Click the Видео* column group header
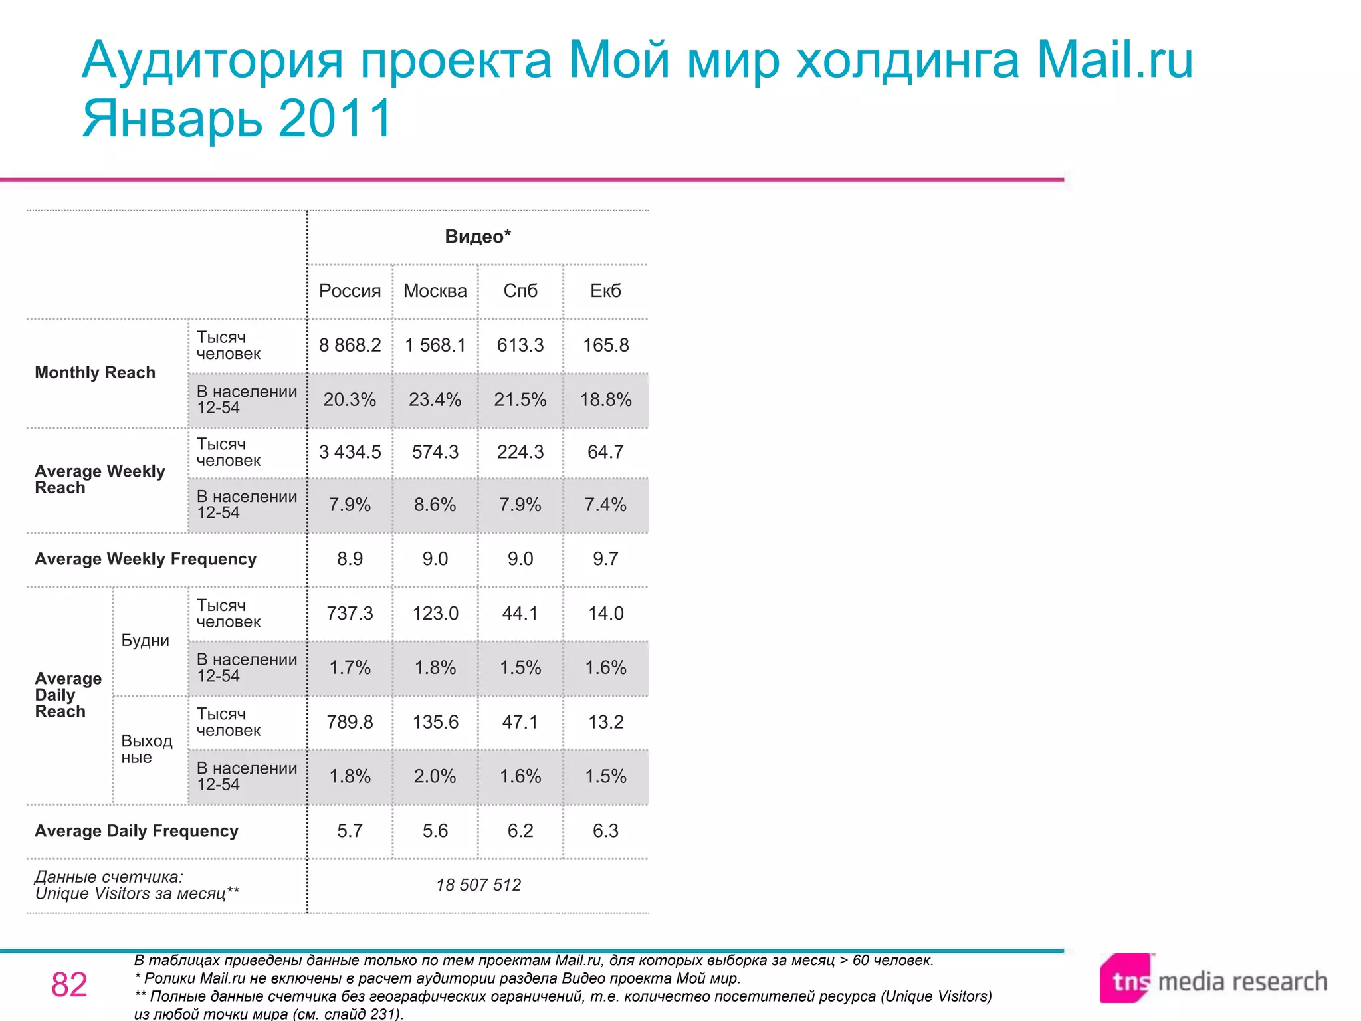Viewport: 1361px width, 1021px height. pyautogui.click(x=478, y=237)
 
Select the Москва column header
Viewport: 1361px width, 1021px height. pyautogui.click(x=435, y=291)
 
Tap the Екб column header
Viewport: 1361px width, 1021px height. pyautogui.click(x=605, y=291)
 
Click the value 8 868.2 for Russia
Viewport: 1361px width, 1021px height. pyautogui.click(x=350, y=346)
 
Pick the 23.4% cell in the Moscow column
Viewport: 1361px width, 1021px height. pyautogui.click(x=435, y=399)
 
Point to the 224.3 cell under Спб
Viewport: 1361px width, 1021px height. pyautogui.click(x=520, y=452)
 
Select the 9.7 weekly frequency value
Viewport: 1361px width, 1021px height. pyautogui.click(x=605, y=559)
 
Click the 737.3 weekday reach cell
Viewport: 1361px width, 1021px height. pyautogui.click(x=350, y=614)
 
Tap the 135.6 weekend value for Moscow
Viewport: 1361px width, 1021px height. pyautogui.click(x=435, y=722)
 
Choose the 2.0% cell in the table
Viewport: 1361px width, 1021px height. pyautogui.click(x=435, y=776)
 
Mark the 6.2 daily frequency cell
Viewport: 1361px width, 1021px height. pyautogui.click(x=520, y=831)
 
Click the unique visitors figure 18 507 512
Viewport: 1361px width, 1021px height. pyautogui.click(x=478, y=885)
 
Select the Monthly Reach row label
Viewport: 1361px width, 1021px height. pyautogui.click(x=95, y=373)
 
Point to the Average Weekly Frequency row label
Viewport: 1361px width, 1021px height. pyautogui.click(x=146, y=559)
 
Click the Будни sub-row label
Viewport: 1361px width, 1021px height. pyautogui.click(x=146, y=641)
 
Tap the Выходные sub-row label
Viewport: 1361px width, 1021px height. pyautogui.click(x=146, y=749)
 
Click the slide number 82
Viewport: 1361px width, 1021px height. pyautogui.click(x=69, y=984)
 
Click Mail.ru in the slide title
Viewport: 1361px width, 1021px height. pyautogui.click(x=1114, y=60)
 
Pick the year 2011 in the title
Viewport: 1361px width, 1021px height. pyautogui.click(x=336, y=118)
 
